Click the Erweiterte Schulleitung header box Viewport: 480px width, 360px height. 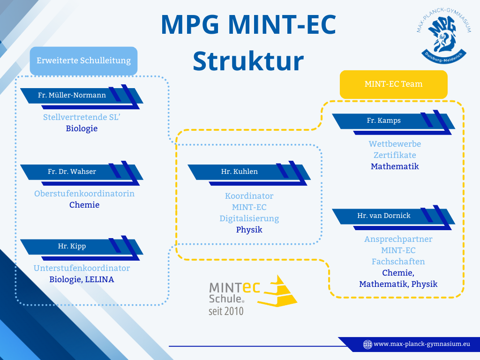[83, 61]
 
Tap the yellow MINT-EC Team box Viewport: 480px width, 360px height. [393, 84]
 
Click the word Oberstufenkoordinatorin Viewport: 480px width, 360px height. [84, 194]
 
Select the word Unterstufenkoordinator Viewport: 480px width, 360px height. [82, 268]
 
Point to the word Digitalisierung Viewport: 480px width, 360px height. [249, 218]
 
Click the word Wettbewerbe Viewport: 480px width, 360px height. [395, 144]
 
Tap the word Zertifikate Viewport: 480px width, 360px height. [395, 155]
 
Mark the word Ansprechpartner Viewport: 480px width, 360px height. [398, 239]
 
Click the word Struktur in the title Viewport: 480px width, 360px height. [248, 61]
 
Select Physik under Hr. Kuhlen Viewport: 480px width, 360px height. [249, 230]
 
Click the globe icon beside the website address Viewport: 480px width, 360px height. [368, 345]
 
